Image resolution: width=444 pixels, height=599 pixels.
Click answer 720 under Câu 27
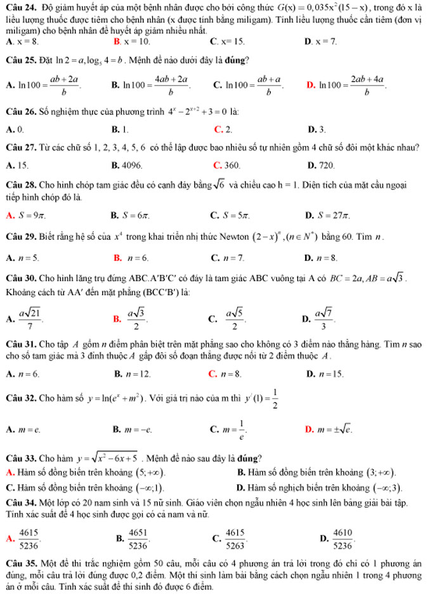pyautogui.click(x=327, y=165)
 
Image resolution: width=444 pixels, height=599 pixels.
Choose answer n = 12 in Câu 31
pyautogui.click(x=139, y=375)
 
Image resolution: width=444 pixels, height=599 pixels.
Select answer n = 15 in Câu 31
pyautogui.click(x=331, y=375)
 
